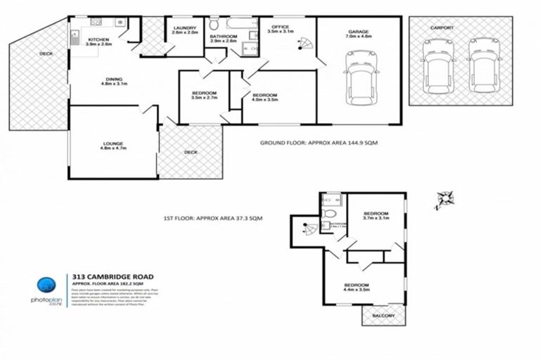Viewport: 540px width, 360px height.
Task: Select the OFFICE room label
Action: (x=280, y=27)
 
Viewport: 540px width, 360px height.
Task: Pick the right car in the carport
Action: (x=484, y=64)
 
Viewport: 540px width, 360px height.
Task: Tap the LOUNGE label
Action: (x=112, y=144)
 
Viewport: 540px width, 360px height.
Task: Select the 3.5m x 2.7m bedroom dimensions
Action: (x=205, y=99)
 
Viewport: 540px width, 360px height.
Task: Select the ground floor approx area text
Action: (x=319, y=143)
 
